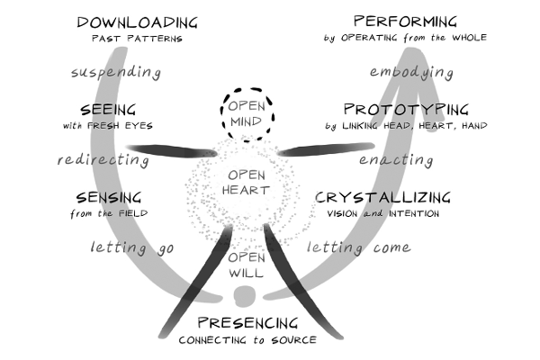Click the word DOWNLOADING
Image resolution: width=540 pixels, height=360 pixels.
pos(137,22)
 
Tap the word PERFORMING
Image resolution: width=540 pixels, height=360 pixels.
pos(405,22)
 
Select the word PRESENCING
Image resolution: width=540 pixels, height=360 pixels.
pos(247,323)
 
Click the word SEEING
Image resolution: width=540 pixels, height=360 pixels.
pos(108,110)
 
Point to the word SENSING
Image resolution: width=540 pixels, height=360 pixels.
pos(109,198)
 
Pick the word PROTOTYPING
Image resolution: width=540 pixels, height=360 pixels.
pos(407,110)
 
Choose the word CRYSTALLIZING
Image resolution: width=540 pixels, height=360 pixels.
pos(382,197)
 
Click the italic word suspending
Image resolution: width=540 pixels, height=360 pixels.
pos(116,73)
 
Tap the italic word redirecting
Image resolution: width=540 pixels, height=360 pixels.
pos(103,160)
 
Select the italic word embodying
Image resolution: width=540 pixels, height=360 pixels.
pos(411,73)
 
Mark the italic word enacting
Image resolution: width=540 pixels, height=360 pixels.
pos(396,160)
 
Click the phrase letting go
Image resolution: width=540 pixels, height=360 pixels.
pos(132,248)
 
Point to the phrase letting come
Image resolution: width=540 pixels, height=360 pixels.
pos(359,247)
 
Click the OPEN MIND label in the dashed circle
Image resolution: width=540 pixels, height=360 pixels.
pos(247,113)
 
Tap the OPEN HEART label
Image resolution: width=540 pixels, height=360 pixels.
pos(245,183)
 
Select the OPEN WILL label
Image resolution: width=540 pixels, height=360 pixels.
pos(247,265)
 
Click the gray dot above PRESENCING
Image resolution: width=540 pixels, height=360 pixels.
pos(245,296)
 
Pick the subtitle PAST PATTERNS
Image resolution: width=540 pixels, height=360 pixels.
pos(137,38)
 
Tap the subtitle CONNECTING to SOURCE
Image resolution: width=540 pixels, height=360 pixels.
pos(247,340)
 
